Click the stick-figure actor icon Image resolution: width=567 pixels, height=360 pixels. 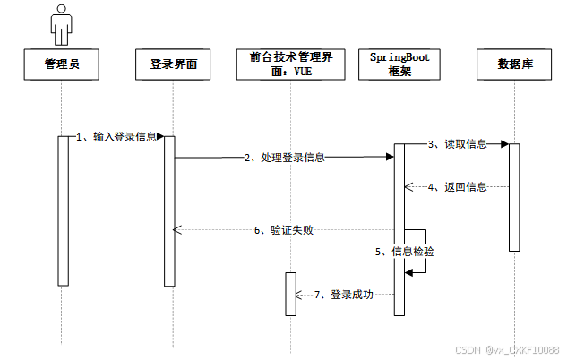62,24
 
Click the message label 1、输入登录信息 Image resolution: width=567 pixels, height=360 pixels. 116,137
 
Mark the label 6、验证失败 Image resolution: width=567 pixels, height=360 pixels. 283,230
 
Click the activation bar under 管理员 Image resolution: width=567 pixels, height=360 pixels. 63,210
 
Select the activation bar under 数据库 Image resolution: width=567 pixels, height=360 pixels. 514,197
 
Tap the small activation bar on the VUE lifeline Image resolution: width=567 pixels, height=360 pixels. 290,293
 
